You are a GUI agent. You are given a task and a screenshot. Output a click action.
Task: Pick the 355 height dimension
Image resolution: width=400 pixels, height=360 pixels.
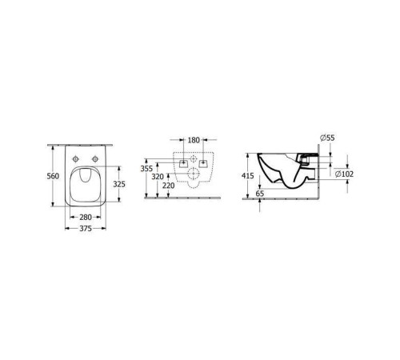point(146,169)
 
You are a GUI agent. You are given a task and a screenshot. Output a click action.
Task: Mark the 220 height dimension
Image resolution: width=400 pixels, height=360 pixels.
point(167,185)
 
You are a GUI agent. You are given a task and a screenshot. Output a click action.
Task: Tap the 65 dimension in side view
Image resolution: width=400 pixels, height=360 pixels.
point(261,194)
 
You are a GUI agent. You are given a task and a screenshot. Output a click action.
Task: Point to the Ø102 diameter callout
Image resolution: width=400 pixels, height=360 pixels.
point(344,174)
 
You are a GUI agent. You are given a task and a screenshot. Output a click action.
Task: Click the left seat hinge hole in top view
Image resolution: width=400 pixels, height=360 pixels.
point(74,158)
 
